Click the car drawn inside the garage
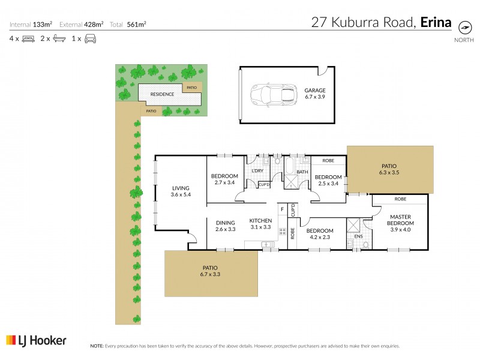click(x=274, y=95)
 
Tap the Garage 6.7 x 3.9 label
click(x=314, y=93)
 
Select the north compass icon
click(x=464, y=27)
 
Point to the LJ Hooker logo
click(x=36, y=340)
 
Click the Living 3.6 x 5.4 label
click(x=181, y=191)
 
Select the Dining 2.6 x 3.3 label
click(x=225, y=224)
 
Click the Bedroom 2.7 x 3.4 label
click(x=226, y=179)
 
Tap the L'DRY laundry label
click(x=257, y=172)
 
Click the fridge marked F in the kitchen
click(x=281, y=209)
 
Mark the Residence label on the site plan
click(x=162, y=94)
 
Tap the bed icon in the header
click(x=28, y=38)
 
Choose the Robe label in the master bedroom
click(x=400, y=199)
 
